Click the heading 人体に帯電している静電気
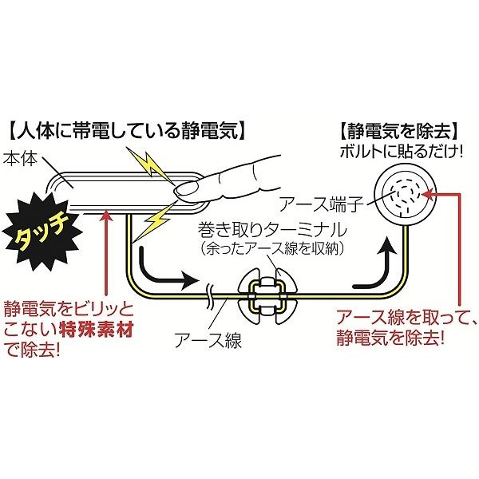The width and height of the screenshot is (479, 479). click(x=128, y=128)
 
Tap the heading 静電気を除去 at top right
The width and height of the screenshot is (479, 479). click(x=396, y=128)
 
